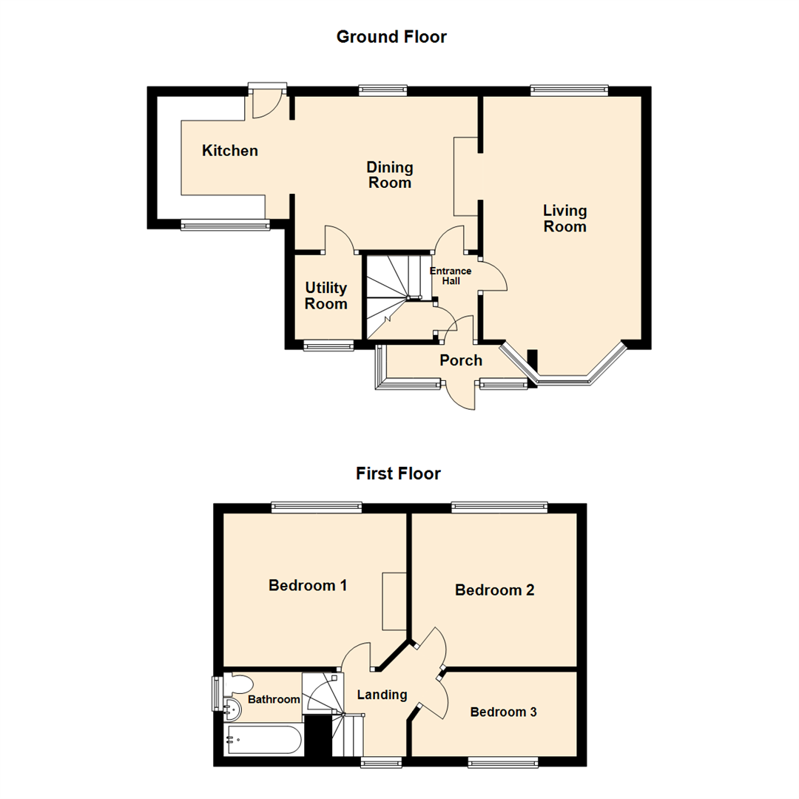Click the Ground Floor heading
point(391,36)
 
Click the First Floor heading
point(398,473)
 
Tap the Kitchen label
point(230,151)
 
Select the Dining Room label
point(390,175)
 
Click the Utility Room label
point(326,295)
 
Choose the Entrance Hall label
point(451,275)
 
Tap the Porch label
point(460,360)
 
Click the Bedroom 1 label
point(308,585)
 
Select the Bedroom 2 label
point(494,590)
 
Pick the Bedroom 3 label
point(503,712)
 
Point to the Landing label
point(382,695)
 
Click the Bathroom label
point(274,699)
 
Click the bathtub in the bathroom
point(263,739)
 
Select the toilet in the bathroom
point(240,682)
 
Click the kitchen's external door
point(266,102)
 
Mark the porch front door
point(462,394)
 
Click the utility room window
point(328,344)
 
